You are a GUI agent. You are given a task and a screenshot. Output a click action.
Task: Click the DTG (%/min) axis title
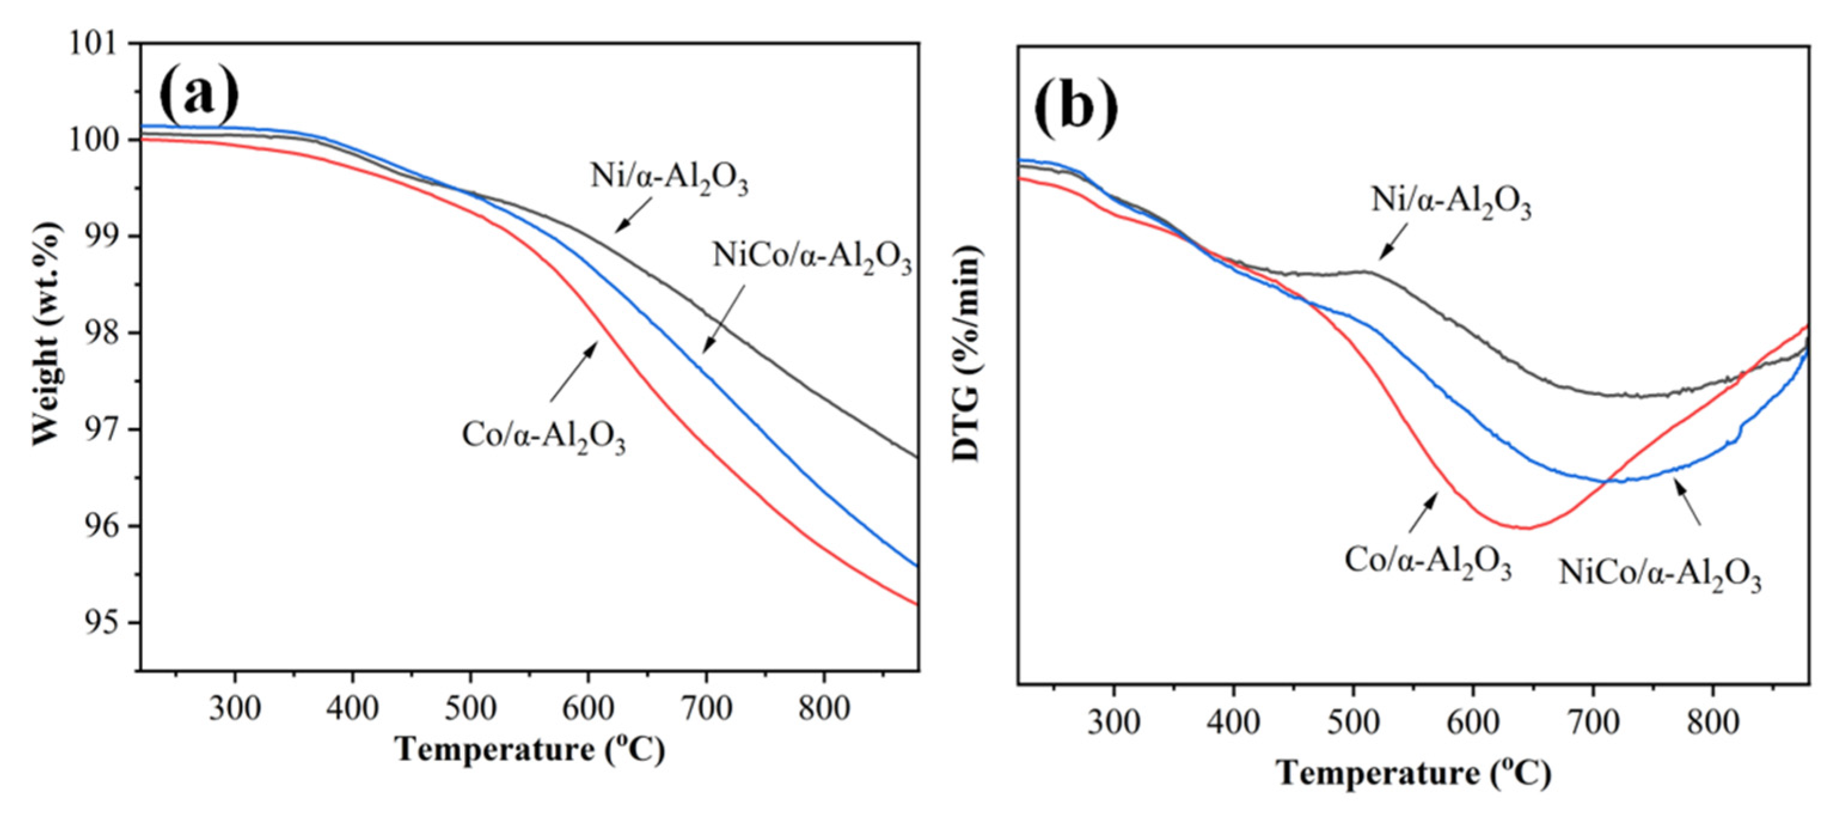click(x=968, y=353)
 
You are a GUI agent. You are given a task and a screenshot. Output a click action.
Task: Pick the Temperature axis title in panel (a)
click(x=530, y=749)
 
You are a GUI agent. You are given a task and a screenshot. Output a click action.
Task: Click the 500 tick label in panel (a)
click(x=470, y=709)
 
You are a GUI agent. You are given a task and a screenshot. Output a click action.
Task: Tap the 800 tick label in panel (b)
click(x=1712, y=723)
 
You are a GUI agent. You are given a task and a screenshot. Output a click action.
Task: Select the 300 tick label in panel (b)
click(x=1113, y=723)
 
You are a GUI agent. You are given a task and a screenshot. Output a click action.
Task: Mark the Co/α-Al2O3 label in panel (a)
click(x=544, y=436)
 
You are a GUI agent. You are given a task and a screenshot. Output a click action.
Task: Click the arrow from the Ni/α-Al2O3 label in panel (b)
click(x=1392, y=241)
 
